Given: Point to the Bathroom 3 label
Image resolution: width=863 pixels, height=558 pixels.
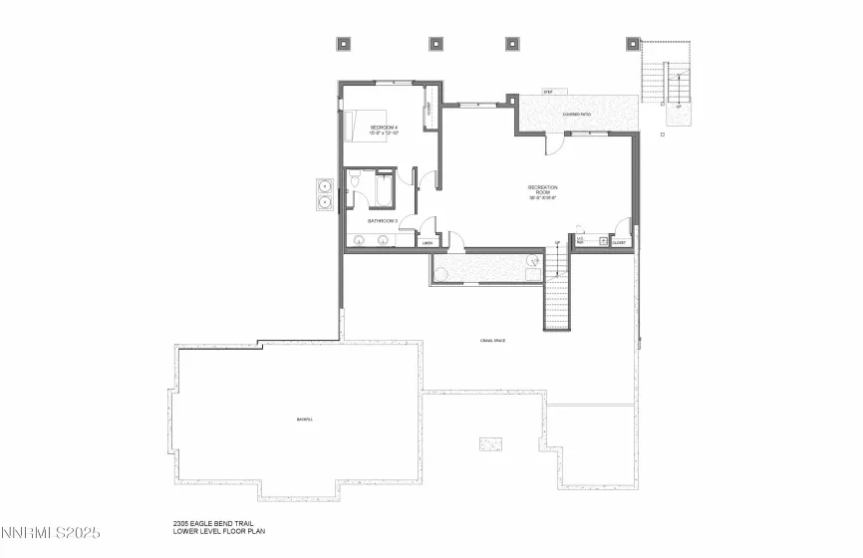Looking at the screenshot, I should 383,220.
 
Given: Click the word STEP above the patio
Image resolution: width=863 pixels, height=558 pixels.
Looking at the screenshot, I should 547,92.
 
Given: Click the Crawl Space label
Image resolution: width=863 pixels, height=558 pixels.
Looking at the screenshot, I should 492,341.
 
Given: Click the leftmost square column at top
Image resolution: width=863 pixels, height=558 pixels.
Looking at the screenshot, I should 346,43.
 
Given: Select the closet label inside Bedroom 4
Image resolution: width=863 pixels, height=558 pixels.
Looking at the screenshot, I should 429,117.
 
